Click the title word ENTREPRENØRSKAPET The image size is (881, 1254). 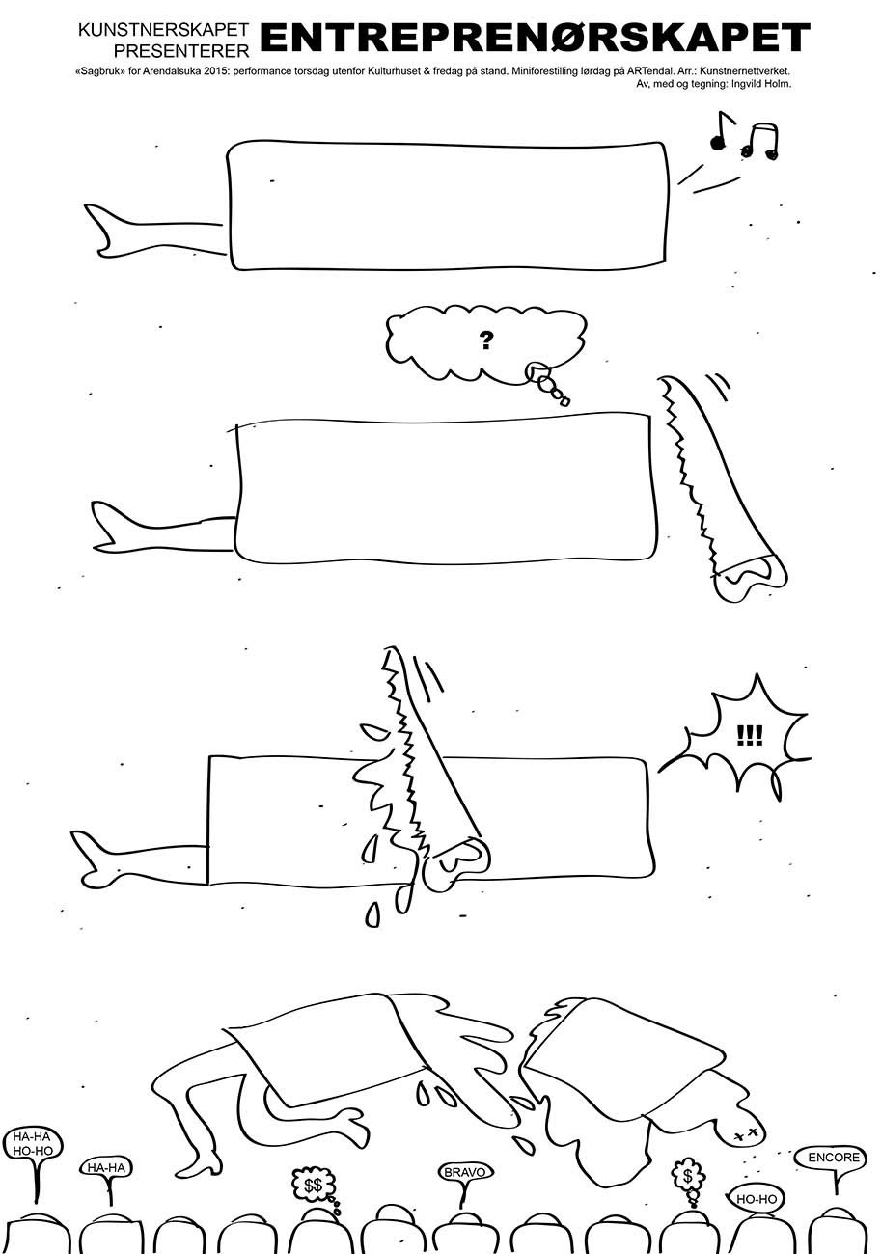(x=536, y=37)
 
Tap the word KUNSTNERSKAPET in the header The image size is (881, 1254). (x=163, y=31)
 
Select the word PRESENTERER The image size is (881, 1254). (x=181, y=51)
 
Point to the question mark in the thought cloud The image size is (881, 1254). (x=485, y=340)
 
